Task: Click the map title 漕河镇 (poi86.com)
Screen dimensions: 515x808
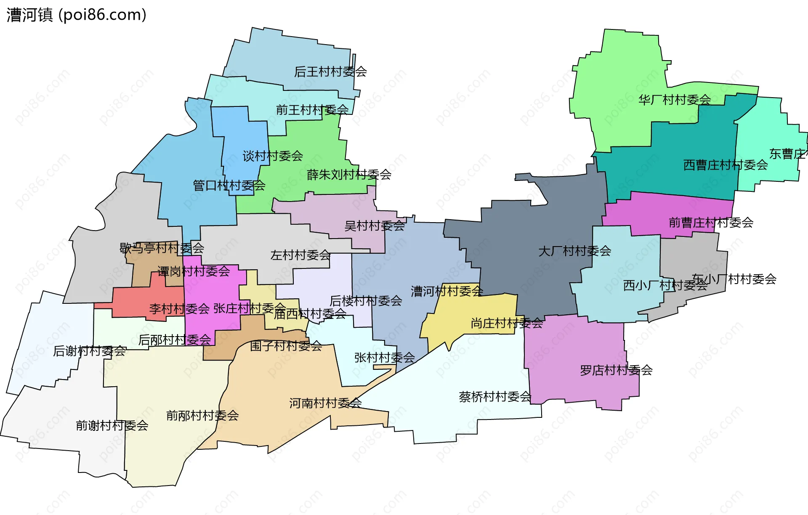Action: coord(76,15)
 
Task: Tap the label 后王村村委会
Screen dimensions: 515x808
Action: coord(330,72)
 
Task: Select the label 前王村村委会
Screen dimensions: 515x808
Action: coord(312,110)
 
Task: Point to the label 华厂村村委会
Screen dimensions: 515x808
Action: coord(674,100)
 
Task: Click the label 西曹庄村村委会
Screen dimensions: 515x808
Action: coord(725,165)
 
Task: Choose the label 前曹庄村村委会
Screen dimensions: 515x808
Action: coord(711,223)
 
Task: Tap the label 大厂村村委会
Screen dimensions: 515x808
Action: coord(574,251)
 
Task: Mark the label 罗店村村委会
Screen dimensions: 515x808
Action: coord(616,370)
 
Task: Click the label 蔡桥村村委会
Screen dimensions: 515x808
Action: coord(495,397)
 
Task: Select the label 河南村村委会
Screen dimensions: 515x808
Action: coord(325,403)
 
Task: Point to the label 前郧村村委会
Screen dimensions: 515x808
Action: coord(202,416)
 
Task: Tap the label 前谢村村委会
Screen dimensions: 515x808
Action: coord(112,426)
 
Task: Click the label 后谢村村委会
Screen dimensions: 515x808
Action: coord(89,351)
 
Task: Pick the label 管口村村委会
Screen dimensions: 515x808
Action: coord(229,185)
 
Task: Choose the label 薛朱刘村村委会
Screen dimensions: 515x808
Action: coord(349,175)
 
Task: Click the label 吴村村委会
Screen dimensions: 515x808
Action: coord(374,226)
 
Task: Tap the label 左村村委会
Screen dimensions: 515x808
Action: coord(300,255)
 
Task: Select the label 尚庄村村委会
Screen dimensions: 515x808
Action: coord(507,323)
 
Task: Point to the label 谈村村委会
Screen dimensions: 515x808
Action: coord(273,156)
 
